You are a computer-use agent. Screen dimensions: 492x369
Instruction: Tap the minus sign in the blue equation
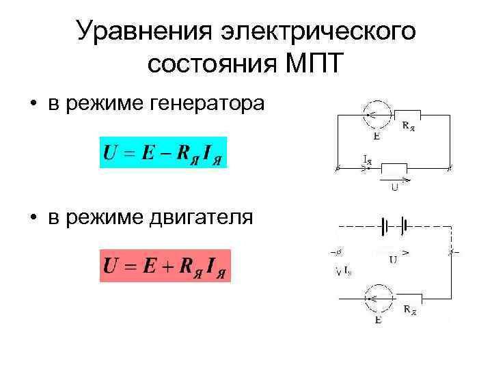(x=164, y=152)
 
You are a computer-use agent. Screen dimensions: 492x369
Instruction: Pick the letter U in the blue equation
(x=109, y=152)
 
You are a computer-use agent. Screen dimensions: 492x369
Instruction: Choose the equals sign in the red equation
(x=130, y=265)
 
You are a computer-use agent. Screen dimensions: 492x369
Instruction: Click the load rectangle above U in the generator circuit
(x=394, y=167)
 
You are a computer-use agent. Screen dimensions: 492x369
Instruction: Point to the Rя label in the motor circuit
(x=410, y=311)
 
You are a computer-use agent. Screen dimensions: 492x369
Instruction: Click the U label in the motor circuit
(x=394, y=259)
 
